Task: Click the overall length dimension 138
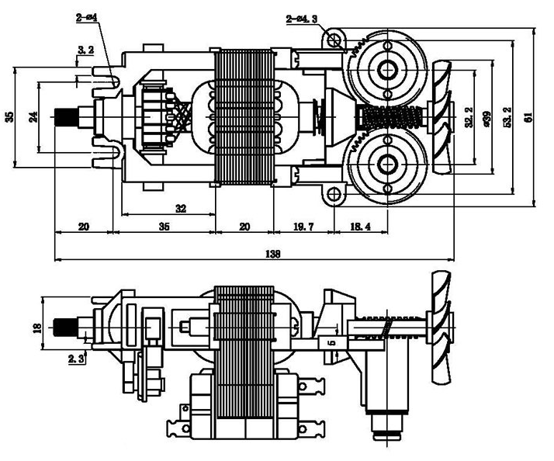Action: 272,254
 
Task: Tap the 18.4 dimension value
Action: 361,227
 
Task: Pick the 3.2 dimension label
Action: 86,50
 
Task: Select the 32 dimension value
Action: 181,208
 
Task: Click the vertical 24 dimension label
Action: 33,116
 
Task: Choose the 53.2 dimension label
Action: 507,117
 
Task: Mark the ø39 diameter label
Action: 486,117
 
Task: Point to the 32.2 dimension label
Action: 468,117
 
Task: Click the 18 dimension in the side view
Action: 36,328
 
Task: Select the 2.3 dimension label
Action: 75,359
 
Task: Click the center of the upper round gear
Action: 385,69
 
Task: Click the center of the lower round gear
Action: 385,165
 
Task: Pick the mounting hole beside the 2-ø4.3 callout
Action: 335,40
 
